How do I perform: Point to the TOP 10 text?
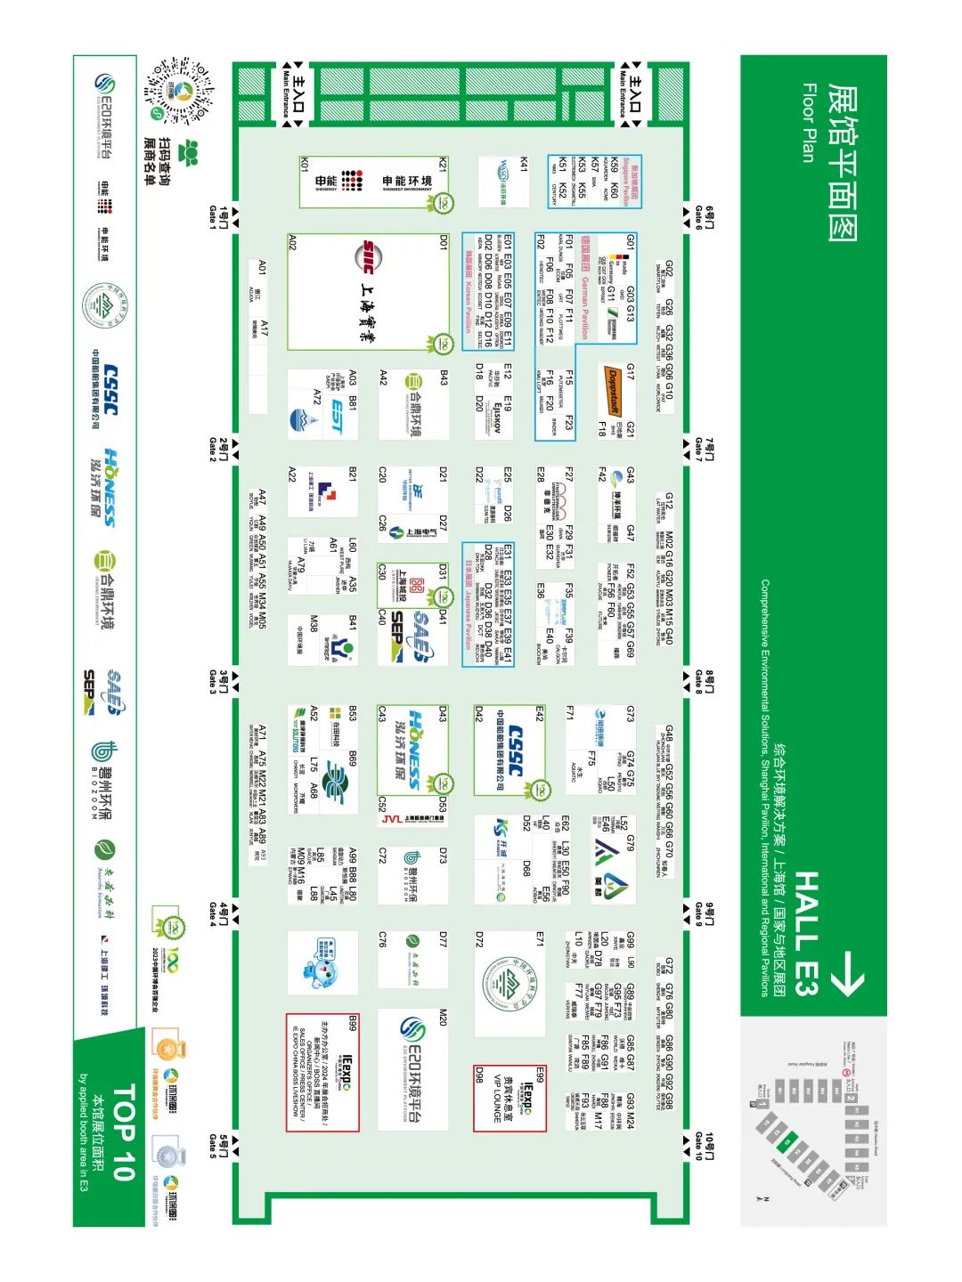[x=123, y=1131]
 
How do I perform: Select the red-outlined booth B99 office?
[x=322, y=1072]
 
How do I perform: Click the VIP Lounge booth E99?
[x=509, y=1098]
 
